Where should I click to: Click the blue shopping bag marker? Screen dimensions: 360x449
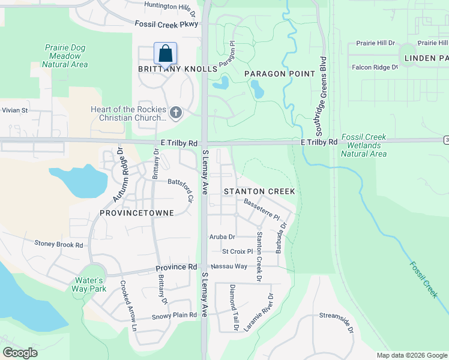pos(165,53)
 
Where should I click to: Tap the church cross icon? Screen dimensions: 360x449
pos(175,112)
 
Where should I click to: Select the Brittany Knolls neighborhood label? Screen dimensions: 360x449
pos(178,69)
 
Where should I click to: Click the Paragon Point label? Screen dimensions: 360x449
pos(280,74)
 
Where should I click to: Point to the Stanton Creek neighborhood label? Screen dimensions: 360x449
pos(259,191)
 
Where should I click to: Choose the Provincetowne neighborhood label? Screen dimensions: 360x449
pos(137,213)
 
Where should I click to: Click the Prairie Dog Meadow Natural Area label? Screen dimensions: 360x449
pos(66,56)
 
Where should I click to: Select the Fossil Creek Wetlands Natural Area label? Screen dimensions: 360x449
pos(364,145)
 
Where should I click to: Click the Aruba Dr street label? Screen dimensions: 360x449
pos(221,237)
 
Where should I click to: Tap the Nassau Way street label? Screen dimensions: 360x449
pos(228,266)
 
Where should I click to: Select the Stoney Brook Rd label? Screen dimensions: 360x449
pos(58,244)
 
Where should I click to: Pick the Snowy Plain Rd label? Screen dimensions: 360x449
pos(174,315)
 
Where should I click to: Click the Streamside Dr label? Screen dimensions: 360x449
pos(336,321)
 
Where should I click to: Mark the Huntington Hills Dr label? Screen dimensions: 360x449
pos(170,7)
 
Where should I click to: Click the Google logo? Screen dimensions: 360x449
pos(20,353)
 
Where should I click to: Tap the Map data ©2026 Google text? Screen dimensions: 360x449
pos(411,355)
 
